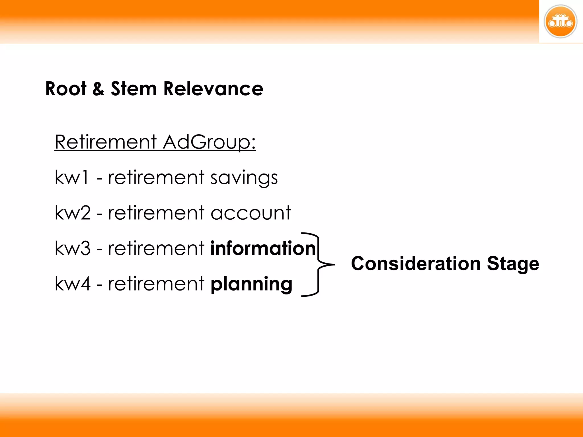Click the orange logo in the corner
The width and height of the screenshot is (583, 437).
[560, 22]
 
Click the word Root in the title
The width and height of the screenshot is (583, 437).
[66, 89]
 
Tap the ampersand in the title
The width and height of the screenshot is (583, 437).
[98, 89]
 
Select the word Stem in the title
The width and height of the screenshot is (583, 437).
[134, 89]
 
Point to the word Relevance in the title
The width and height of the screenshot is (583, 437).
[213, 89]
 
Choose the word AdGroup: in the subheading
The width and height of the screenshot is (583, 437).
[209, 142]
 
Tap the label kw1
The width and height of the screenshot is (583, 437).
[71, 178]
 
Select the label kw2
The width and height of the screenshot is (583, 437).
[73, 213]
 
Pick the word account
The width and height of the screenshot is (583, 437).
[251, 213]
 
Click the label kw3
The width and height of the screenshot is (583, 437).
[73, 248]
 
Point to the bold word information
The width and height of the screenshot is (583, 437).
[263, 248]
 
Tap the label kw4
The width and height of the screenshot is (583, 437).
[73, 284]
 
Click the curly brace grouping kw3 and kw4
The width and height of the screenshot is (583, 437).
[318, 265]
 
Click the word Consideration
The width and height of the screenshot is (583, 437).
[416, 263]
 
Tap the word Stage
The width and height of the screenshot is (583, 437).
[513, 264]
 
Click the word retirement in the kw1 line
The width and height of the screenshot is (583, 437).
[156, 178]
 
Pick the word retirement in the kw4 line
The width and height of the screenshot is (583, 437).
[156, 284]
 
